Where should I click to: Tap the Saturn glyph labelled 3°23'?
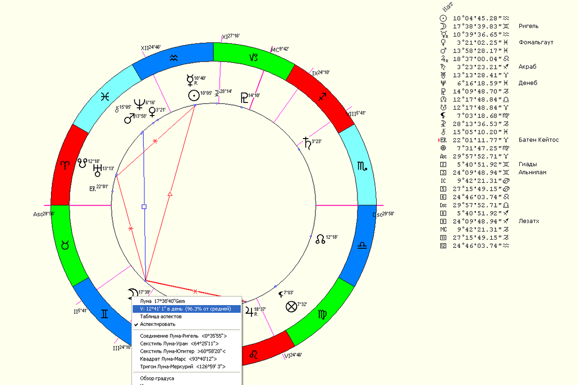306,142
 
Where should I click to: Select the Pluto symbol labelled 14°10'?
243,99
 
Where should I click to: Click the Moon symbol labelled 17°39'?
131,294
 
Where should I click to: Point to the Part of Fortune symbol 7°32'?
291,307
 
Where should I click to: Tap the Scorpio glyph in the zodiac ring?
361,167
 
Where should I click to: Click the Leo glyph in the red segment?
253,355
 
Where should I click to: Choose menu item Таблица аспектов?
161,317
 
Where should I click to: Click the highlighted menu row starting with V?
186,309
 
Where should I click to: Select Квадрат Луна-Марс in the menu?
178,359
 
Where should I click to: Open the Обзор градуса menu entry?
157,378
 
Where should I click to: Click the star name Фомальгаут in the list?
536,42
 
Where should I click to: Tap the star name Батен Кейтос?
539,140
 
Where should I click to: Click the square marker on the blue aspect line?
144,206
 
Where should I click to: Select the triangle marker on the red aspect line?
170,194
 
